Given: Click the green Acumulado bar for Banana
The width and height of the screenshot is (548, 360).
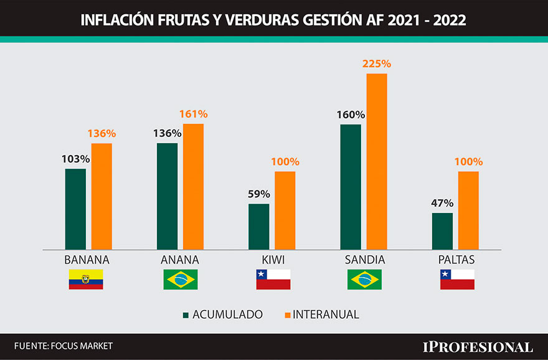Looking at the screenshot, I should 75,209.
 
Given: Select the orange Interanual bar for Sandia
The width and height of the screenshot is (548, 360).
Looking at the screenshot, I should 377,161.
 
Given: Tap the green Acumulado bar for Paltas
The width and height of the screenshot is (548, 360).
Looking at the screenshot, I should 442,231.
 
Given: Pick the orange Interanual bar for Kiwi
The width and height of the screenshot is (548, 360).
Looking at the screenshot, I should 285,210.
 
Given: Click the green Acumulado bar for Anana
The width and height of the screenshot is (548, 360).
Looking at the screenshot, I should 167,196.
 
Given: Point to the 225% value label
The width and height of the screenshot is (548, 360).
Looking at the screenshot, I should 376,64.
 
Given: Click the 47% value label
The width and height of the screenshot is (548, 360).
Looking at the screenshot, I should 442,203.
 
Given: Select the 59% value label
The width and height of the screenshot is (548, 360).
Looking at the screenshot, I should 258,194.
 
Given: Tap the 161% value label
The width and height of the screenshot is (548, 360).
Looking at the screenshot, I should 193,114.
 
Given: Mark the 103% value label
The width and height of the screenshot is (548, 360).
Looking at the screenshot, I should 75,159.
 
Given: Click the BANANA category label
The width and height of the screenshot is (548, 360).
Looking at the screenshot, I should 87,260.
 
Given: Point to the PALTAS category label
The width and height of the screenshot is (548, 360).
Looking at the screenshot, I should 457,260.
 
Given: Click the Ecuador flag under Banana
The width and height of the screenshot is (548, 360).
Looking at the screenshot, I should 86,280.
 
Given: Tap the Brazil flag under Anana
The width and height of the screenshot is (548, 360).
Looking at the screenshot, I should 180,280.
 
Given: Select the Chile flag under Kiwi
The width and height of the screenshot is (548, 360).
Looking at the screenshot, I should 273,280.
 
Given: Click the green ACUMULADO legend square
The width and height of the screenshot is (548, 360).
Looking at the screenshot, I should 186,315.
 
